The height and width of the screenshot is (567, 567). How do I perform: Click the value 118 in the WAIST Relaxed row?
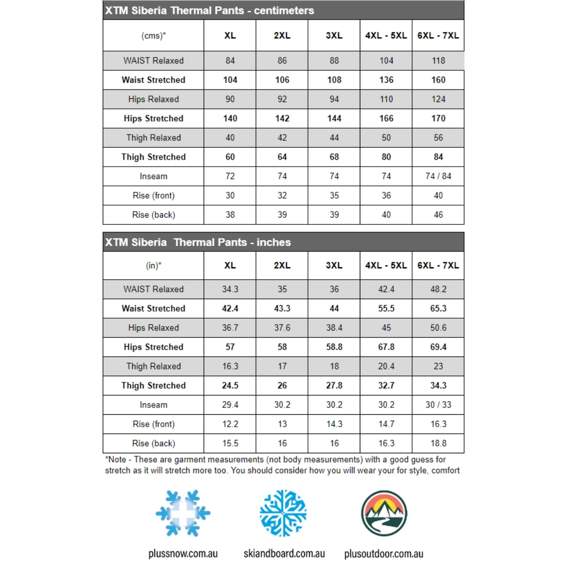point(438,60)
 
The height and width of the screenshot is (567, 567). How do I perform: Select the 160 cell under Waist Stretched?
point(438,80)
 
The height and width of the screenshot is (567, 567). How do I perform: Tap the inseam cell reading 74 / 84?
point(438,176)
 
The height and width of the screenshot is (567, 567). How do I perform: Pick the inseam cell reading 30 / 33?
point(438,405)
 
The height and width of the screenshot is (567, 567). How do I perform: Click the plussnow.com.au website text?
point(183,554)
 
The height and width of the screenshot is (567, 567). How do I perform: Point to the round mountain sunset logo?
point(384,513)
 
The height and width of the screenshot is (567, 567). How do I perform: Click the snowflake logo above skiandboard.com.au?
point(283,513)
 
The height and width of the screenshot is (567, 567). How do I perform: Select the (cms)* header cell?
point(153,36)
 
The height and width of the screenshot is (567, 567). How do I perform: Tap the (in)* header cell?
point(153,266)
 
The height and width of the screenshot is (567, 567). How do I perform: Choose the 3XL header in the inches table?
point(334,265)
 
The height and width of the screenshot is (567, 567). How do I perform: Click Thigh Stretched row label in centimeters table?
point(153,157)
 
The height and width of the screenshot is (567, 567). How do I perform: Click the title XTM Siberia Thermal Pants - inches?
point(198,242)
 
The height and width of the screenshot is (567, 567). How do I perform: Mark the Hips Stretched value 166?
point(386,118)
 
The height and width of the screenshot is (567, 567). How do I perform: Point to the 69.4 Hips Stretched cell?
point(438,347)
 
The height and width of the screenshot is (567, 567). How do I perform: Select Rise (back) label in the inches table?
point(153,443)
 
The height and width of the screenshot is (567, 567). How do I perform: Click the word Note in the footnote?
point(117,460)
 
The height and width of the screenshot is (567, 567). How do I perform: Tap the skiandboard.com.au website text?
point(284,554)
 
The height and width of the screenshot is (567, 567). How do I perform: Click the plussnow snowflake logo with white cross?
point(183,513)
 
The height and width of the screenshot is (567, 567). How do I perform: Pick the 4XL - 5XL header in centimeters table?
point(386,36)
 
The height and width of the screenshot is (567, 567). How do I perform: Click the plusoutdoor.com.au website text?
point(384,554)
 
